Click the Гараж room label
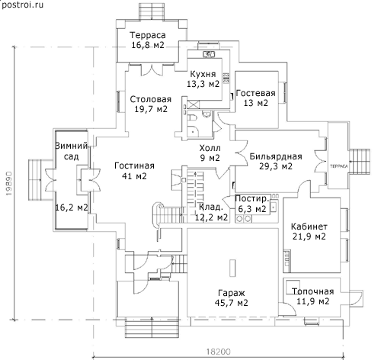click(232, 293)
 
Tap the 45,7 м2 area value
click(232, 303)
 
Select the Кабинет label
click(309, 227)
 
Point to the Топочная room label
click(312, 291)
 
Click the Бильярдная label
click(276, 156)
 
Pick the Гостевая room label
click(256, 93)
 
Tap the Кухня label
click(203, 74)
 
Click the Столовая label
click(151, 99)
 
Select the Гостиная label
click(134, 166)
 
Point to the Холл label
click(210, 148)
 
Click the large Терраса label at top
click(148, 35)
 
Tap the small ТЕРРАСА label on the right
click(338, 166)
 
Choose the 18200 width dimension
click(219, 352)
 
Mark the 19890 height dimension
click(9, 183)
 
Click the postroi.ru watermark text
click(22, 5)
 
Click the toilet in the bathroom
click(192, 117)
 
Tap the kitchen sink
click(209, 54)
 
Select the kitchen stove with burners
click(226, 78)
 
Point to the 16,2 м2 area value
click(72, 207)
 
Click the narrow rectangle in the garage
click(232, 268)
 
